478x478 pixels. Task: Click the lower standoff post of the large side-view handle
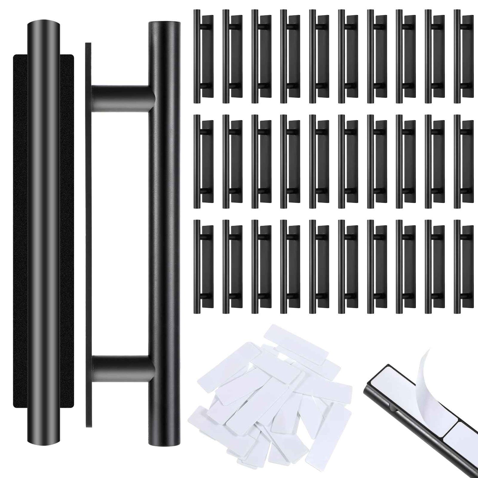122,368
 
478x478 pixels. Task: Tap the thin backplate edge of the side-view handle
88,232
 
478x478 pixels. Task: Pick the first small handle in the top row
202,56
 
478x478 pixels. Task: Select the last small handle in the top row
463,56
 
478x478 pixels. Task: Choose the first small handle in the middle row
202,161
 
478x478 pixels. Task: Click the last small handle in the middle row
463,161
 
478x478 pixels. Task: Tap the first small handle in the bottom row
202,267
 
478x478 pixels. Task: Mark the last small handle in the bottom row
463,267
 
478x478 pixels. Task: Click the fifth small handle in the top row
318,56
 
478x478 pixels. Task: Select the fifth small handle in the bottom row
318,267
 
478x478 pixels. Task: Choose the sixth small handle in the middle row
347,161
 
